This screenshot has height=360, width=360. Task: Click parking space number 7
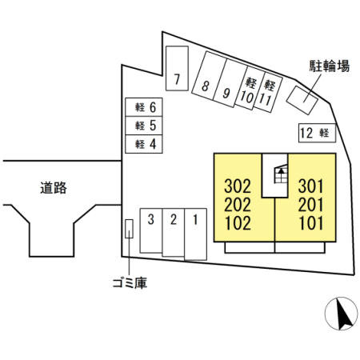pyautogui.click(x=177, y=68)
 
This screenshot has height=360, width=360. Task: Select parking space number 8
pyautogui.click(x=209, y=75)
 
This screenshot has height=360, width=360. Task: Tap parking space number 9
pyautogui.click(x=230, y=83)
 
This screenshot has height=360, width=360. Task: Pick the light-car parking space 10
pyautogui.click(x=250, y=88)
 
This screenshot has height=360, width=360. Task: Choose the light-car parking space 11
pyautogui.click(x=268, y=92)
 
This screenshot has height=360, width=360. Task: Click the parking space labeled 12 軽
pyautogui.click(x=317, y=133)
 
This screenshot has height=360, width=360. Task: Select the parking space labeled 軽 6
pyautogui.click(x=144, y=107)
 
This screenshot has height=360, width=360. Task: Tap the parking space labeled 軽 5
pyautogui.click(x=144, y=126)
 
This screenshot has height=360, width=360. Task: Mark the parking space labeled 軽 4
pyautogui.click(x=144, y=144)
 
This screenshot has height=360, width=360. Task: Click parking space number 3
pyautogui.click(x=151, y=230)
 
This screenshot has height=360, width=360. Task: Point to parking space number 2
pyautogui.click(x=174, y=232)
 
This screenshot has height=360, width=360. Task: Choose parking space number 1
pyautogui.click(x=195, y=234)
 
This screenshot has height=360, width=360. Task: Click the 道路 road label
pyautogui.click(x=54, y=188)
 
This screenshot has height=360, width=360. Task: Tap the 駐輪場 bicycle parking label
pyautogui.click(x=330, y=66)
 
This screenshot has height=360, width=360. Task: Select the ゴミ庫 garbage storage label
pyautogui.click(x=130, y=283)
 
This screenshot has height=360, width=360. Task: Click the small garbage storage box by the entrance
pyautogui.click(x=129, y=229)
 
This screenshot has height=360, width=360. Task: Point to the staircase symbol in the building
pyautogui.click(x=281, y=174)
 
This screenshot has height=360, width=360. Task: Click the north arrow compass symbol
pyautogui.click(x=342, y=314)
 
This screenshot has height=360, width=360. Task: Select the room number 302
pyautogui.click(x=238, y=186)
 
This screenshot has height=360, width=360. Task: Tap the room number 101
pyautogui.click(x=310, y=223)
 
